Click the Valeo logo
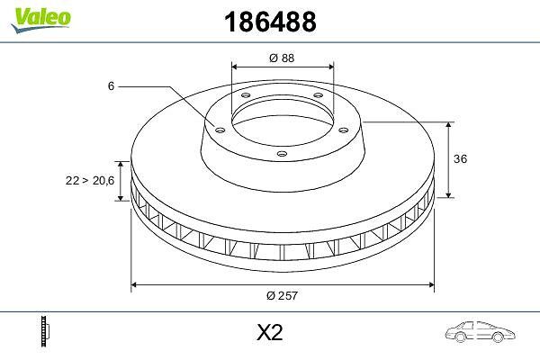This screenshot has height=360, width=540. point(40,20)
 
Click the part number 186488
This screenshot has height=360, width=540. point(270,22)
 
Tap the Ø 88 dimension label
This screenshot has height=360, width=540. point(282,58)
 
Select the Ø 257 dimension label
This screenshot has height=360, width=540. point(282,295)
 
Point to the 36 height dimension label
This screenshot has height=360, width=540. point(460,158)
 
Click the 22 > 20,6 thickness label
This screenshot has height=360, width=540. point(90,180)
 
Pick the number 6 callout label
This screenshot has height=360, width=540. point(111,85)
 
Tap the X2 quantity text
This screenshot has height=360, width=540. point(270,332)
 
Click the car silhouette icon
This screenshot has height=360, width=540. point(480,332)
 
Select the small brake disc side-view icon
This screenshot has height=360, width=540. point(45,331)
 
